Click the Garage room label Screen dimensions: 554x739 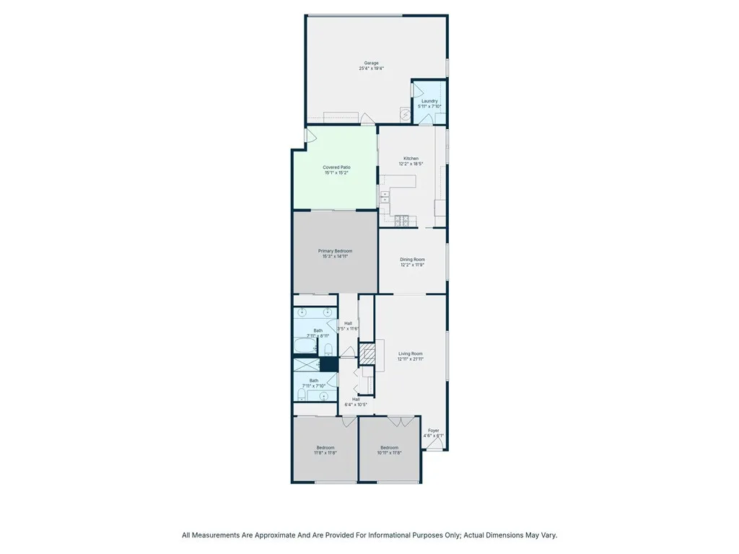coord(372,63)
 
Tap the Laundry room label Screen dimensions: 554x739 coord(429,101)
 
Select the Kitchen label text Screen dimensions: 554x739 coord(411,159)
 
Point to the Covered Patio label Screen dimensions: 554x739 coord(336,167)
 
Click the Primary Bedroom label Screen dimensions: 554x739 coord(335,251)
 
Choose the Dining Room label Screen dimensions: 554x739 coord(412,260)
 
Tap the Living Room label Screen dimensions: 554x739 coord(411,353)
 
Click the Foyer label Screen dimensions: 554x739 coord(433,431)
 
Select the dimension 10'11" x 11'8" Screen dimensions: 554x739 coord(390,452)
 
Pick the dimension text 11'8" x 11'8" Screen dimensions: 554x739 coord(325,452)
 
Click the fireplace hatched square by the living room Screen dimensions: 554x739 coord(368,353)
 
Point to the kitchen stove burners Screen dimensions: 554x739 coord(402,219)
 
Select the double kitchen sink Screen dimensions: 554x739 coord(385,198)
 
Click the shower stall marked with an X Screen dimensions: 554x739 coord(305,365)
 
